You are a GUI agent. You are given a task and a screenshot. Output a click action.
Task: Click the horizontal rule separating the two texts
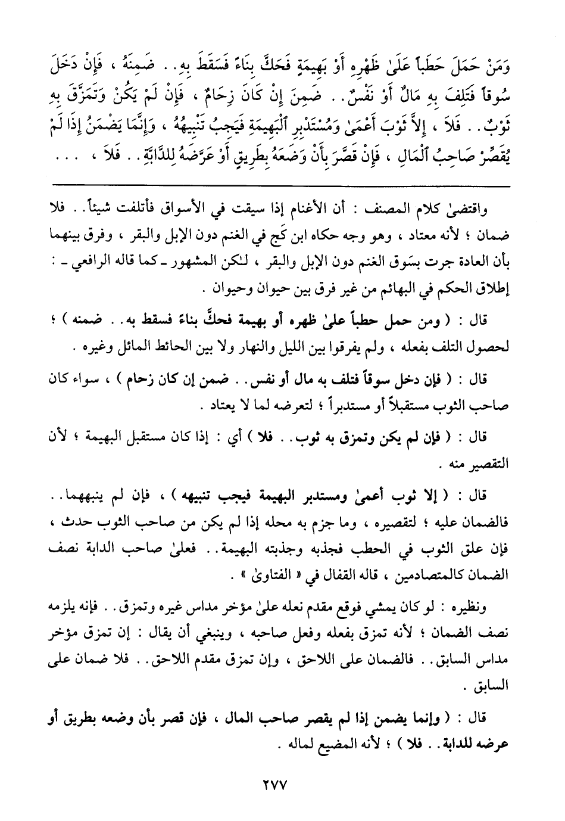tap(281, 187)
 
